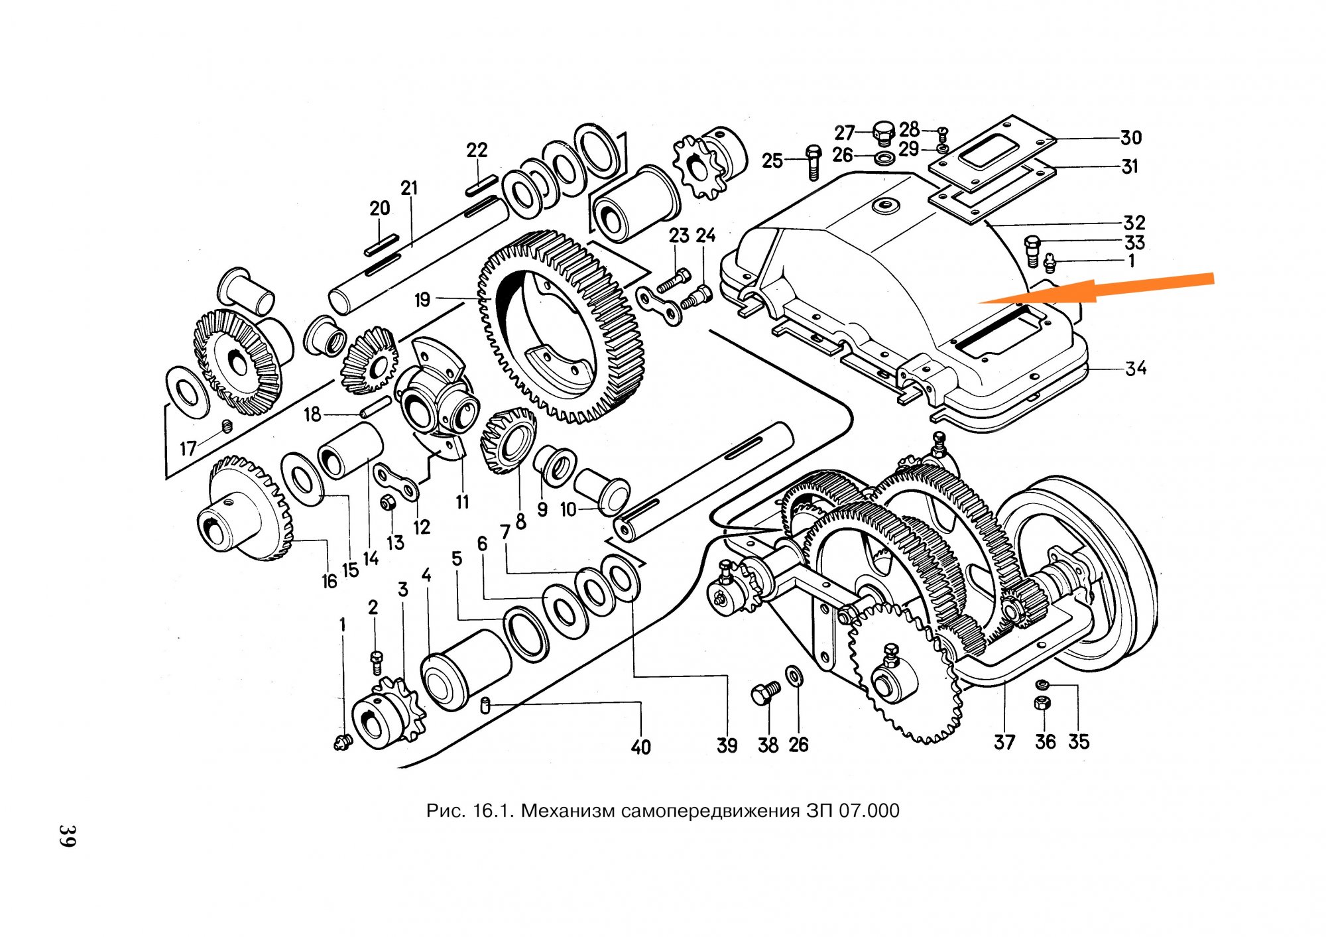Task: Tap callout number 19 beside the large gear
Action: tap(422, 300)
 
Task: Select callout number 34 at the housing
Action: tap(1136, 368)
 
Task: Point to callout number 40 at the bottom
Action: tap(640, 747)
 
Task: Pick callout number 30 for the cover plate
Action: tap(1131, 138)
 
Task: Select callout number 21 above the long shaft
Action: tap(410, 188)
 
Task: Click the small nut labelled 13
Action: tap(388, 503)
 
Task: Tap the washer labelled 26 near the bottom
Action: tap(793, 676)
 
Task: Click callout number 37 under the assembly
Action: tap(1004, 742)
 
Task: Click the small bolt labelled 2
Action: tap(376, 662)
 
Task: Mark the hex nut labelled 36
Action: tap(1042, 704)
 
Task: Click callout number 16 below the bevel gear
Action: tap(330, 582)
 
